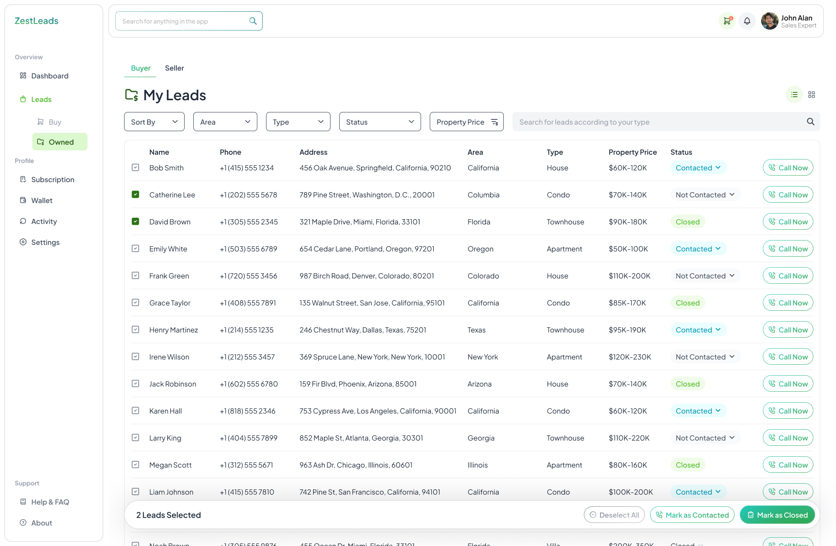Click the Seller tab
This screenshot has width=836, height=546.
tap(174, 68)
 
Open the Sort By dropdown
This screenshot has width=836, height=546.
tap(154, 122)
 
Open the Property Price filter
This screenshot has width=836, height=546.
tap(466, 122)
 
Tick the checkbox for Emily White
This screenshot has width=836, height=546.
tap(135, 248)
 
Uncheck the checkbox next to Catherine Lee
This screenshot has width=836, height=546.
tap(135, 194)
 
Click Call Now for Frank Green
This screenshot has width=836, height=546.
tap(788, 276)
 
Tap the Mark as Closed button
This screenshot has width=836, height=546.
tap(777, 515)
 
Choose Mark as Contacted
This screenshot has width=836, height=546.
tap(692, 515)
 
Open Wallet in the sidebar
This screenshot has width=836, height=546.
tap(42, 200)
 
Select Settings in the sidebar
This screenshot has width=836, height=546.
tap(45, 242)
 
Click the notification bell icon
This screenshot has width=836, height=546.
tap(747, 21)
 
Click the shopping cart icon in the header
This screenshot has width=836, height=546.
tap(727, 21)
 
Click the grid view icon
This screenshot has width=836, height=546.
tap(812, 95)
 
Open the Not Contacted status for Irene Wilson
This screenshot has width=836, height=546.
tap(705, 357)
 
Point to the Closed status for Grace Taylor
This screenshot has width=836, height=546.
tap(688, 303)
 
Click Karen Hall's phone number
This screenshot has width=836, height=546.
tap(247, 411)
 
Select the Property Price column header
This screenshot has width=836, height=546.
tap(632, 152)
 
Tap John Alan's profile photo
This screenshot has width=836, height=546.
tap(769, 21)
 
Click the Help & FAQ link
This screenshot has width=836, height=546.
tap(50, 502)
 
